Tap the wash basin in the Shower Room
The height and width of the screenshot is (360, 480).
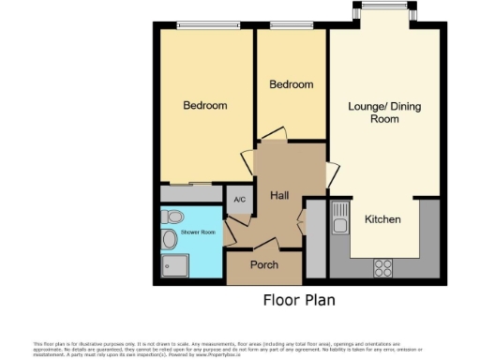click(169, 241)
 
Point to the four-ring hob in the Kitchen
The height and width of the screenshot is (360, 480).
click(383, 267)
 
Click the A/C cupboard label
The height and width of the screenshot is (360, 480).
click(239, 200)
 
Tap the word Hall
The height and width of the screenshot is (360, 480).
click(278, 196)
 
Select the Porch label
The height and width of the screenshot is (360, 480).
click(264, 265)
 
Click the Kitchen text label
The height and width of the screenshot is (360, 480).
click(383, 219)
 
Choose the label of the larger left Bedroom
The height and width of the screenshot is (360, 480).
click(205, 105)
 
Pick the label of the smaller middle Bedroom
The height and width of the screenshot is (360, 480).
click(291, 84)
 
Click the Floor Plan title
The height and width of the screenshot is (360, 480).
click(297, 301)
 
